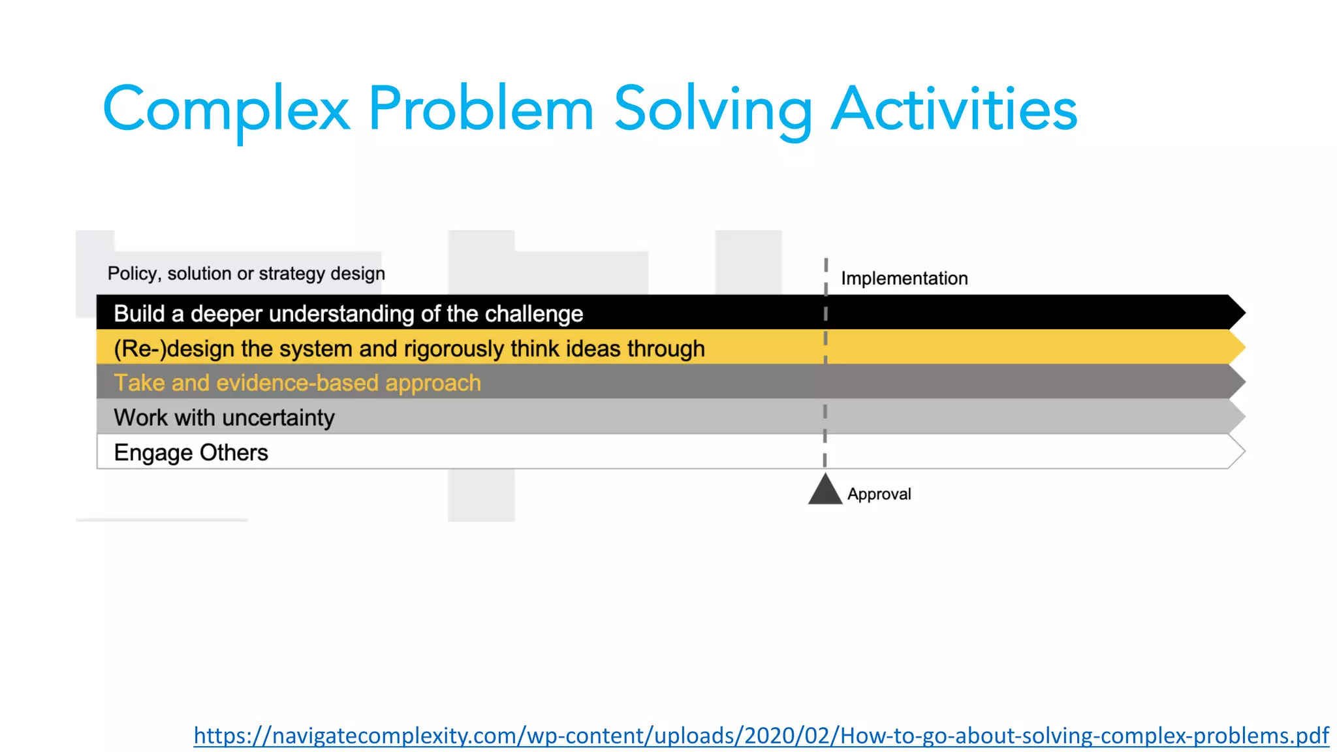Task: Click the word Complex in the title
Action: (226, 110)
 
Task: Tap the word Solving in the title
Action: (712, 110)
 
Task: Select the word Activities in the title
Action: (954, 110)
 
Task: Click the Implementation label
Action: (904, 279)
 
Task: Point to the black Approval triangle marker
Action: (825, 491)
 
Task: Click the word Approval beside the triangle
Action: (879, 494)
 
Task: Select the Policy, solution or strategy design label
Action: (246, 274)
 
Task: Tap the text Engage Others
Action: (191, 452)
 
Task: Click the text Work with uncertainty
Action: (224, 418)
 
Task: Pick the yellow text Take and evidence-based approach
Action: (297, 383)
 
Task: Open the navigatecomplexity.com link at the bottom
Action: (761, 736)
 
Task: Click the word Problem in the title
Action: (480, 110)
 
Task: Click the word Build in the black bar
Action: (139, 314)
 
